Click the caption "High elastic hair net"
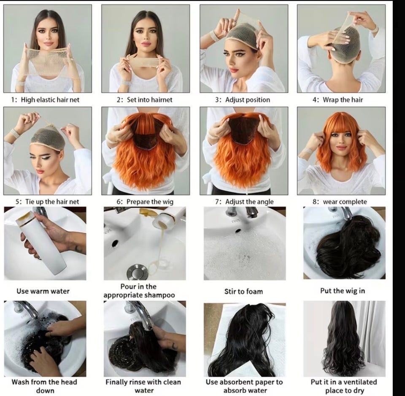pyautogui.click(x=50, y=100)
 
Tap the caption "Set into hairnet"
pyautogui.click(x=149, y=100)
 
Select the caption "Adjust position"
pyautogui.click(x=248, y=100)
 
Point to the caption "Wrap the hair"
pyautogui.click(x=343, y=100)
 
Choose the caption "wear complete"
pyautogui.click(x=345, y=202)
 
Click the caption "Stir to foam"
pyautogui.click(x=243, y=292)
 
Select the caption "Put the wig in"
pyautogui.click(x=343, y=291)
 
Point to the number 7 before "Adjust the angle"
pyautogui.click(x=217, y=202)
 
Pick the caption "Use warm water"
pyautogui.click(x=43, y=291)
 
